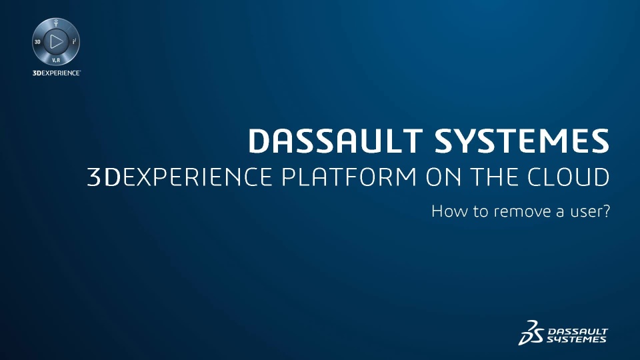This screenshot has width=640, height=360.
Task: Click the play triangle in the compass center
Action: point(56,41)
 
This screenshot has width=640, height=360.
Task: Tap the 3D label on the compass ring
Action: point(37,41)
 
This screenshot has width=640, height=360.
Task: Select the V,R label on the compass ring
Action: point(56,61)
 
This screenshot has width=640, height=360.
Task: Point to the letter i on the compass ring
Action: point(74,41)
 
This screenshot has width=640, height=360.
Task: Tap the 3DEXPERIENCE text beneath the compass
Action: point(56,73)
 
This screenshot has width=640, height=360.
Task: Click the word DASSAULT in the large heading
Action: point(335,141)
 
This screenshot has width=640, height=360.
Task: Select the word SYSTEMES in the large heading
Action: point(522,141)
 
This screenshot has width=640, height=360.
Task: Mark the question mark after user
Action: point(606,211)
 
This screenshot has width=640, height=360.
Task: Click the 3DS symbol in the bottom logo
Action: point(531,333)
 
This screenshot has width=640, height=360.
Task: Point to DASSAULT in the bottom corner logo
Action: point(577,331)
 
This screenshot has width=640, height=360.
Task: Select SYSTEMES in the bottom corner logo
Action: point(576,339)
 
